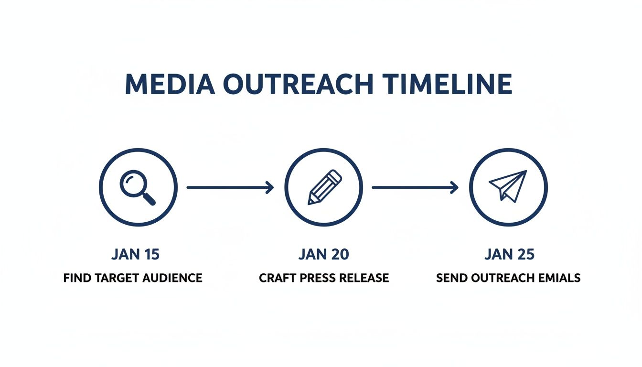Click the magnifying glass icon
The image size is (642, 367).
click(138, 187)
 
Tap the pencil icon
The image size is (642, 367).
click(324, 187)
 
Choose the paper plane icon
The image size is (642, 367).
click(508, 187)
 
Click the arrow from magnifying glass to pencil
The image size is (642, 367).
click(230, 188)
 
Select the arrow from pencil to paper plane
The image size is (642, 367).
click(415, 188)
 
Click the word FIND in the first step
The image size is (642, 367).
click(75, 278)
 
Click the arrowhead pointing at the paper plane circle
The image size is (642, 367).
click(454, 188)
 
